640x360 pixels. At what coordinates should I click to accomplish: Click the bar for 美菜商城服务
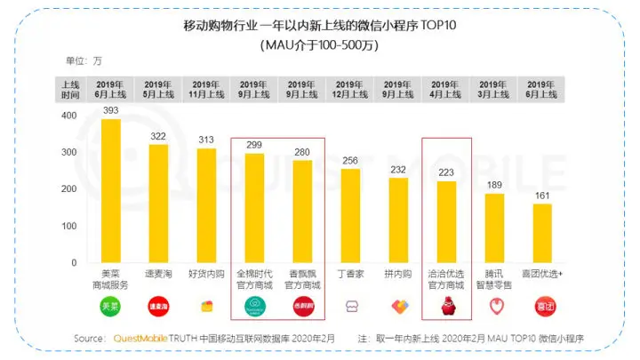(x=110, y=191)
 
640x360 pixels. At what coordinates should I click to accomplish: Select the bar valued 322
(x=158, y=204)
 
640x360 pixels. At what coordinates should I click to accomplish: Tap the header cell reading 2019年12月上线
(x=351, y=88)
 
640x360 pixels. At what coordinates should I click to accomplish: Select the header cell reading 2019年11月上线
(x=206, y=88)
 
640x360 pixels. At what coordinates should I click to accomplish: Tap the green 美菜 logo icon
(x=110, y=308)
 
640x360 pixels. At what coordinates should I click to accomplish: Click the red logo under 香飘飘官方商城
(x=302, y=308)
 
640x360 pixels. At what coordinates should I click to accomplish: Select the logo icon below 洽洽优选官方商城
(x=447, y=308)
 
